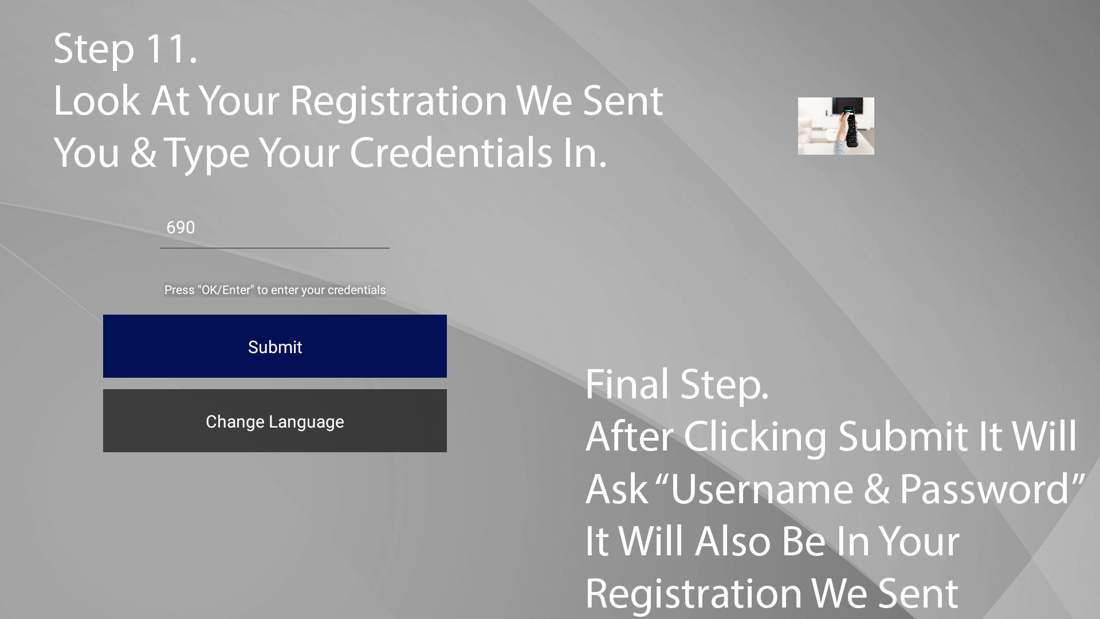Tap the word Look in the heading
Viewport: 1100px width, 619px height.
click(x=97, y=101)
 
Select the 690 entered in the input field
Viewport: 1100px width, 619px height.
click(x=180, y=228)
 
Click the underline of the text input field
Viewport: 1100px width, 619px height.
click(x=275, y=248)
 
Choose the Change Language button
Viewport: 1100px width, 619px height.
click(x=275, y=421)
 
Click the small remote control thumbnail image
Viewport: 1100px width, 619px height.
click(x=836, y=126)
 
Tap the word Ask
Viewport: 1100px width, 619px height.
click(x=616, y=490)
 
